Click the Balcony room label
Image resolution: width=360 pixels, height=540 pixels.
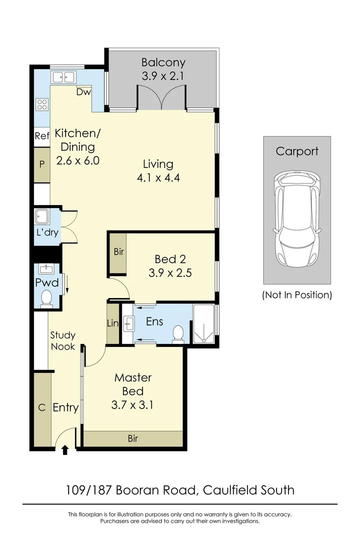coord(163,63)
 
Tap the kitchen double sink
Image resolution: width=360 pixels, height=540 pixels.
coord(63,77)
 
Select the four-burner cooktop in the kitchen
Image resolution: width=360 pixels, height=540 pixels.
coord(41,104)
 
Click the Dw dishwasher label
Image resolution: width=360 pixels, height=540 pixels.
coord(83,92)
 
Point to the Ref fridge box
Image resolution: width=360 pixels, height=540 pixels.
coord(41,136)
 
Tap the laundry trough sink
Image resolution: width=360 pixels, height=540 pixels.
coord(41,217)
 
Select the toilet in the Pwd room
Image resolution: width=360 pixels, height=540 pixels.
coord(46,298)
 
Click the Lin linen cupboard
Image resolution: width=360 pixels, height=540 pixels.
coord(113,324)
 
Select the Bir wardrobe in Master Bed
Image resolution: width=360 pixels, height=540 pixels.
coord(133,438)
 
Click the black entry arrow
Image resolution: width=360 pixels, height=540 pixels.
coord(64,451)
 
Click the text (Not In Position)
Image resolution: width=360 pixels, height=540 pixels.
coord(297,295)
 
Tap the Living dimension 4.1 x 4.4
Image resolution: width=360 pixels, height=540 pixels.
coord(158,177)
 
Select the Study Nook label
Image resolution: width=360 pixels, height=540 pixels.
coord(62,341)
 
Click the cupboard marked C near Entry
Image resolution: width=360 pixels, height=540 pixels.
coord(42,408)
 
